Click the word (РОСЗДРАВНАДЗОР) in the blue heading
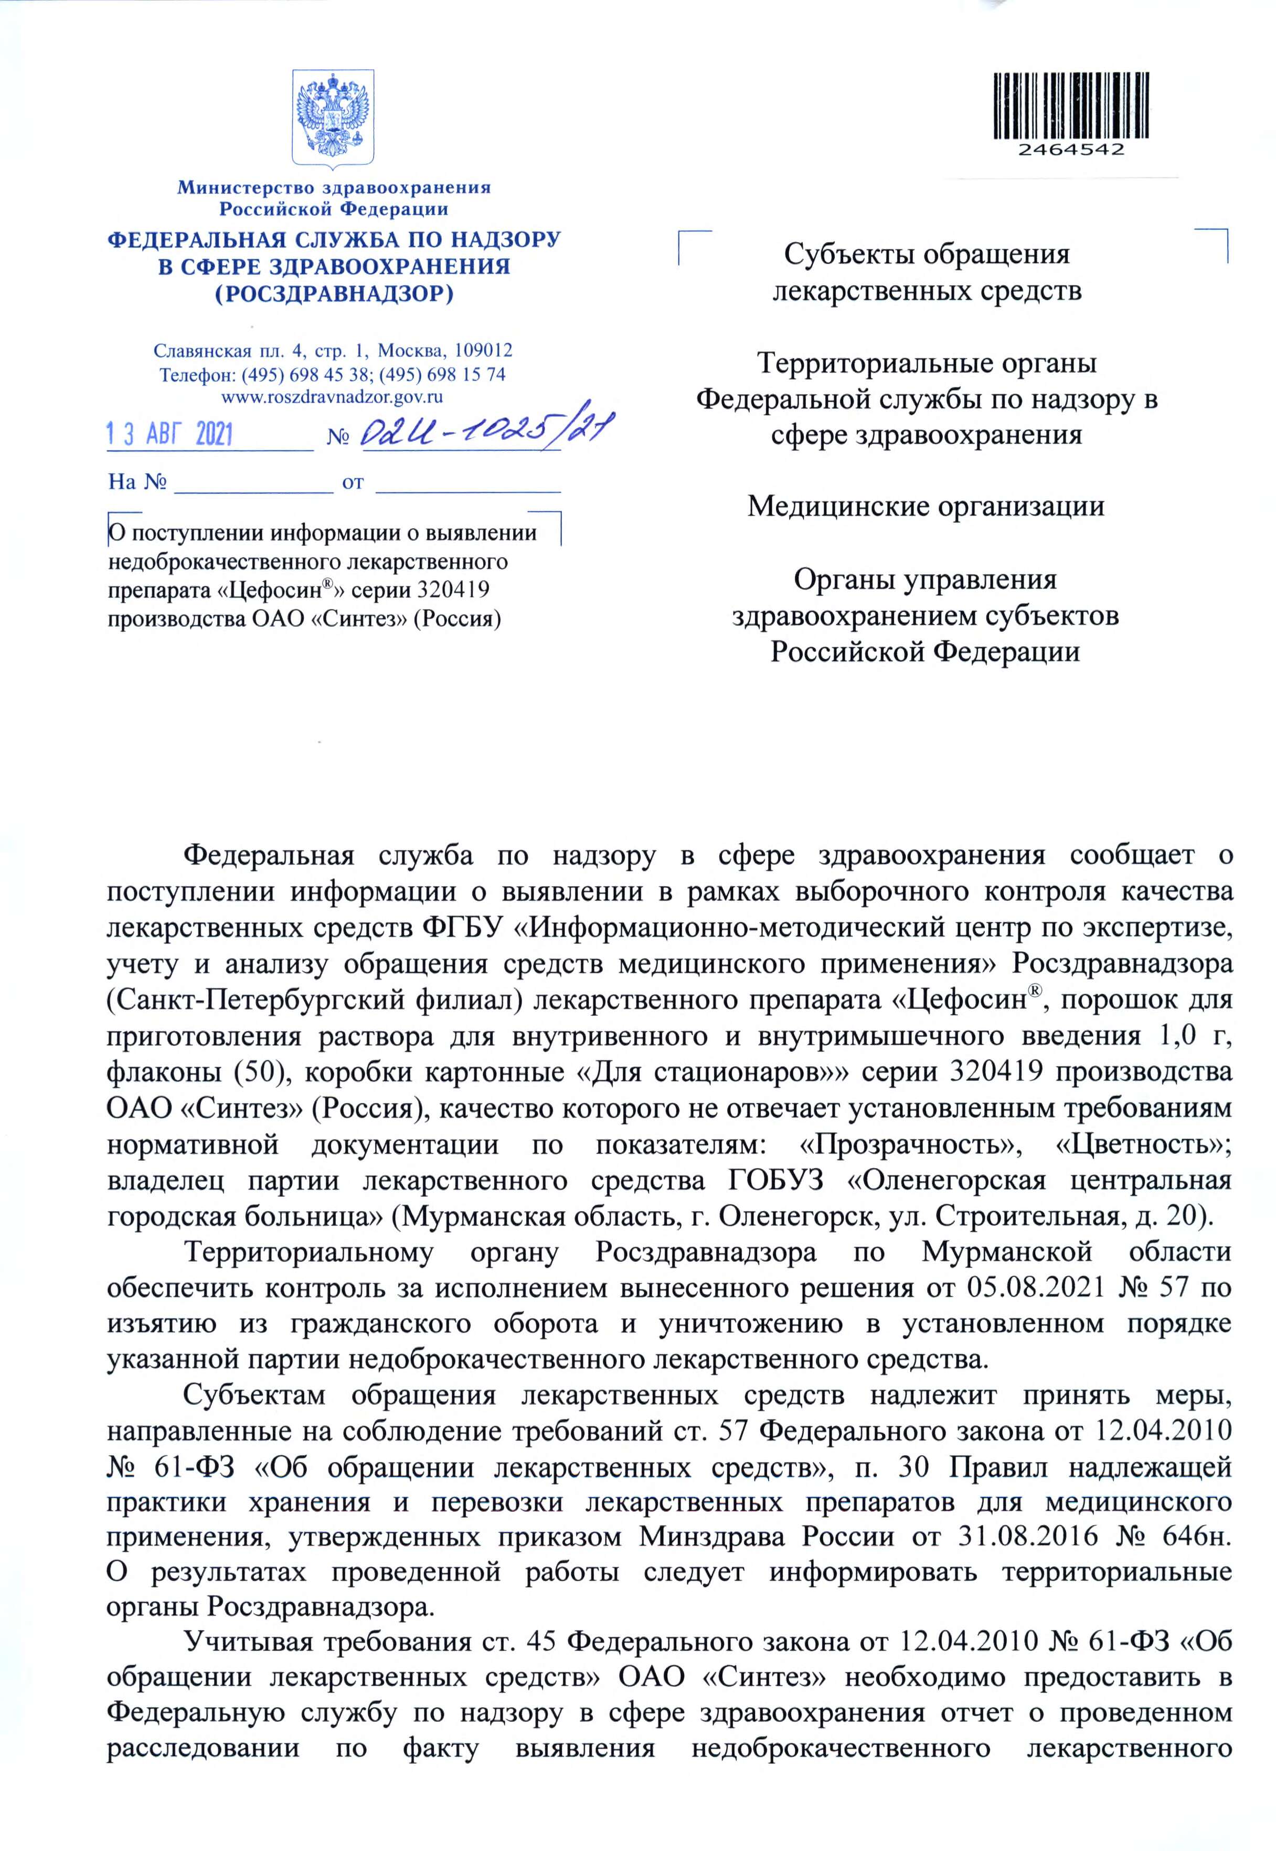[334, 293]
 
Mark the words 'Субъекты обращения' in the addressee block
[926, 255]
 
